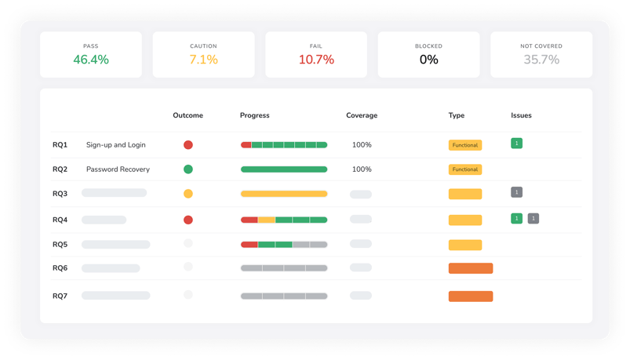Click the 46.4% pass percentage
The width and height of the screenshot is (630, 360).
click(x=91, y=60)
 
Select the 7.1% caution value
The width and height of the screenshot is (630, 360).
click(x=203, y=60)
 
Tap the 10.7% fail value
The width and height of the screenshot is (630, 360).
click(x=316, y=60)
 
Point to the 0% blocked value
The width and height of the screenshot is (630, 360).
click(x=428, y=60)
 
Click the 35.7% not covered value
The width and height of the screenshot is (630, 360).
click(x=541, y=60)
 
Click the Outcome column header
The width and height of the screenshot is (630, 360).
click(x=188, y=115)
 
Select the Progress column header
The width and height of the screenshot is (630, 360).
click(x=254, y=115)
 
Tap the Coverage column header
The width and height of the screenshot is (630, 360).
click(x=362, y=115)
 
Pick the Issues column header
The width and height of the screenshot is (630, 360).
click(x=521, y=115)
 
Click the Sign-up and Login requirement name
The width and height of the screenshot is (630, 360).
click(x=115, y=145)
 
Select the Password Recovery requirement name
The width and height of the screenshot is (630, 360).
click(x=118, y=169)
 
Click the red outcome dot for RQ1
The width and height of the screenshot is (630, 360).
click(x=188, y=145)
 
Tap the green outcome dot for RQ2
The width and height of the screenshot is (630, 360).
click(x=188, y=169)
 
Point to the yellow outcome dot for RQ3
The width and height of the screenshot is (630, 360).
click(x=188, y=194)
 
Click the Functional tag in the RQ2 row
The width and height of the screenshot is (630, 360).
click(x=465, y=169)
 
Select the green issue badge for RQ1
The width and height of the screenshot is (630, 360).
click(x=516, y=144)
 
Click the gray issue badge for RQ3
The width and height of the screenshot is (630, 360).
click(x=516, y=192)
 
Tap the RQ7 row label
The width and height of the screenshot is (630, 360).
click(x=60, y=296)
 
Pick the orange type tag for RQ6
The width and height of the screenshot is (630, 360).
click(x=471, y=268)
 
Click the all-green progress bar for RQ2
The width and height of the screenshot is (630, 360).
click(x=284, y=169)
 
